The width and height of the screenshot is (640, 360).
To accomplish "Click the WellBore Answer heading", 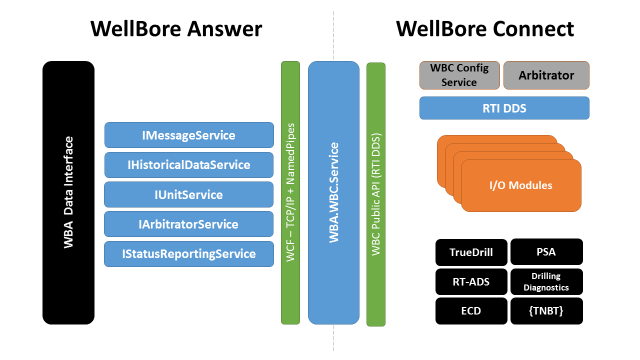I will pyautogui.click(x=176, y=29).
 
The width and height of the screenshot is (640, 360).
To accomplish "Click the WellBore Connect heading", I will pyautogui.click(x=484, y=29).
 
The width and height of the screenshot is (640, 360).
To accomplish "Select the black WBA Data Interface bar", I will pyautogui.click(x=68, y=192).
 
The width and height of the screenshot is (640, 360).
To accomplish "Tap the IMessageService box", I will pyautogui.click(x=189, y=135).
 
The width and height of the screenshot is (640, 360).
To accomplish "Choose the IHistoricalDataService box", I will pyautogui.click(x=189, y=164).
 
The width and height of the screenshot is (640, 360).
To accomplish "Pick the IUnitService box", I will pyautogui.click(x=189, y=194).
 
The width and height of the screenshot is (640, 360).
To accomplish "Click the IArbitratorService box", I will pyautogui.click(x=189, y=224).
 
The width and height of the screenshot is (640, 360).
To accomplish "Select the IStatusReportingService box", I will pyautogui.click(x=189, y=254).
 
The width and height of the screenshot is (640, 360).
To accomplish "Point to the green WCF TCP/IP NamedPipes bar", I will pyautogui.click(x=290, y=192).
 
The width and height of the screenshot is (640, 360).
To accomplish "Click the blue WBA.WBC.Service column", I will pyautogui.click(x=333, y=192).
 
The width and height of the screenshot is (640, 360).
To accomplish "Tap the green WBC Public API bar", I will pyautogui.click(x=376, y=194).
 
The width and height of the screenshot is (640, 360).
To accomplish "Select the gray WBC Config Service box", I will pyautogui.click(x=459, y=75).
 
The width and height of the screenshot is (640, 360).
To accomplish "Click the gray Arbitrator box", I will pyautogui.click(x=546, y=75).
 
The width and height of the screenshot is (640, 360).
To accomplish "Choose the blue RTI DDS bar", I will pyautogui.click(x=504, y=108).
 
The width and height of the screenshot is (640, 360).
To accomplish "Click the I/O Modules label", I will pyautogui.click(x=520, y=185).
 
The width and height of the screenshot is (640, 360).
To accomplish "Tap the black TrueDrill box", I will pyautogui.click(x=471, y=252).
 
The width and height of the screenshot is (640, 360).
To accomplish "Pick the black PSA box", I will pyautogui.click(x=546, y=252).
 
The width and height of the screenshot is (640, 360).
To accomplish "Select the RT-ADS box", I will pyautogui.click(x=471, y=282).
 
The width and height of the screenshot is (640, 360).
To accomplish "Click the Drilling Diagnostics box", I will pyautogui.click(x=546, y=282).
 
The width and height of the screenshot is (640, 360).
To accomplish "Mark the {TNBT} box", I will pyautogui.click(x=546, y=311).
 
